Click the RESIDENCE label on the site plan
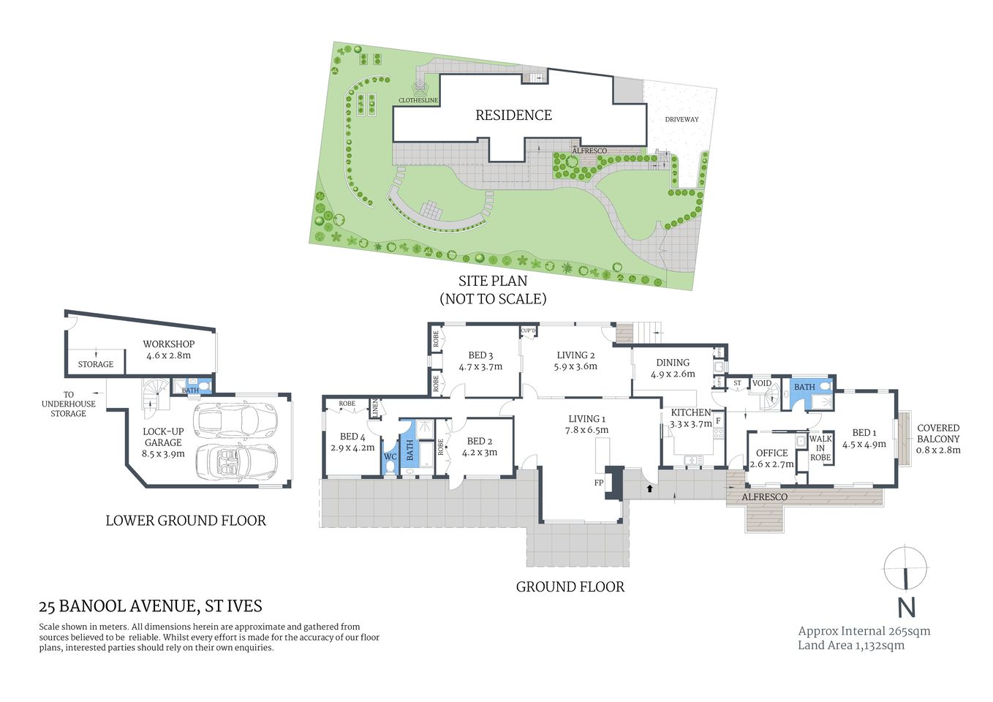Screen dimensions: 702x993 click(x=513, y=116)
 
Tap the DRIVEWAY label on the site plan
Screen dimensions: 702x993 click(x=681, y=119)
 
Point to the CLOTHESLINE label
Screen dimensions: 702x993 click(x=418, y=100)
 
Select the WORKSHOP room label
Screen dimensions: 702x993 click(x=168, y=344)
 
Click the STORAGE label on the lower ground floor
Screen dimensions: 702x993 click(x=96, y=364)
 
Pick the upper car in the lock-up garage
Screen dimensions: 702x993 click(x=227, y=420)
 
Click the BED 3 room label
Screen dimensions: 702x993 click(x=480, y=355)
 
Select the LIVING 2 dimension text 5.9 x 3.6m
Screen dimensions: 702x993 click(x=575, y=366)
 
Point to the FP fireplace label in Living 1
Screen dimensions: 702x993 click(x=598, y=483)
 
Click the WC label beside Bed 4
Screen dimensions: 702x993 click(x=390, y=457)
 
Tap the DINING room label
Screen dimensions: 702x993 click(x=672, y=362)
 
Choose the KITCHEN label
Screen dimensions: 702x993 click(x=690, y=412)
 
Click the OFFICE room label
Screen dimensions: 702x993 click(x=771, y=453)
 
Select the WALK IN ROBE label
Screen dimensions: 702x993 click(x=820, y=448)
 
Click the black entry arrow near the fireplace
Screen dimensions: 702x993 click(x=649, y=488)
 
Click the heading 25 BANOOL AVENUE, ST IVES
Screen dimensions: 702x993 click(x=151, y=606)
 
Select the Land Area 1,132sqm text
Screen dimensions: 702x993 click(x=850, y=645)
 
